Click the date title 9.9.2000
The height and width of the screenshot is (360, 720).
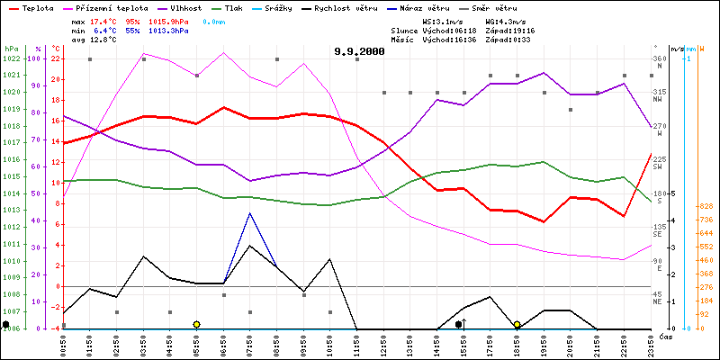coord(358,51)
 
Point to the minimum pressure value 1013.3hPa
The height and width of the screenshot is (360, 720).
coord(168,30)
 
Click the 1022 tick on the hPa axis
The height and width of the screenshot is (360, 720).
coord(11,59)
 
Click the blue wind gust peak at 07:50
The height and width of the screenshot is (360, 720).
coord(249,213)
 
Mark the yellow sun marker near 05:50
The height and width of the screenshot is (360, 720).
coord(196,324)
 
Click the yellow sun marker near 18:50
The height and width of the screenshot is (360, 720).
coord(517,324)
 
